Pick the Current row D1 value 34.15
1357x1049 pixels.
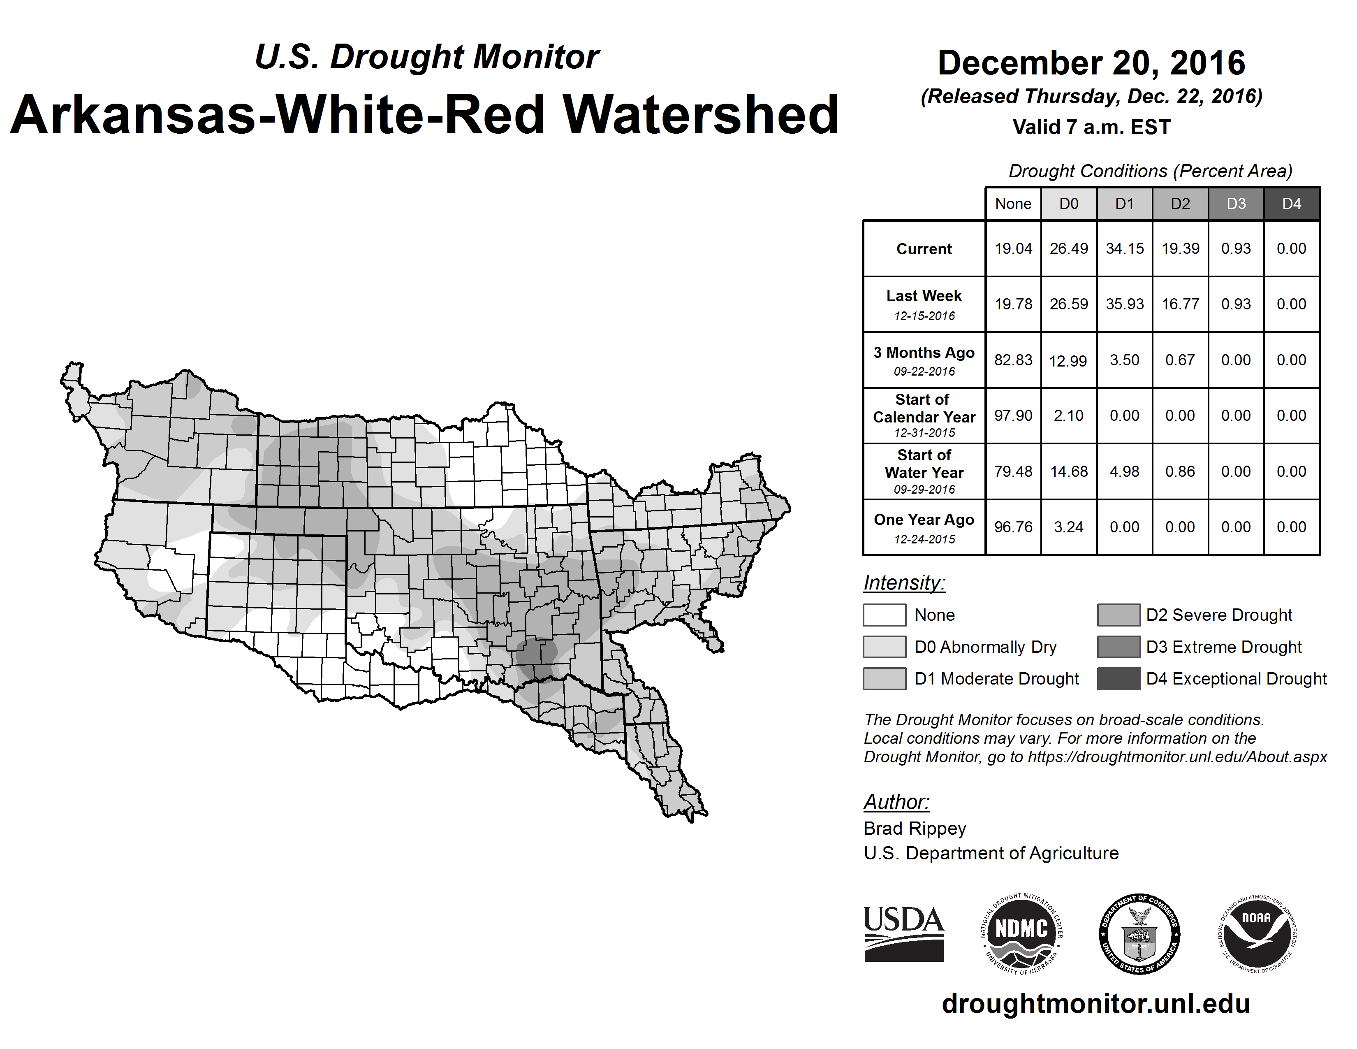point(1125,248)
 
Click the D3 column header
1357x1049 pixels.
point(1236,204)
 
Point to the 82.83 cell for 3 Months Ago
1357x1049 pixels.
point(1013,360)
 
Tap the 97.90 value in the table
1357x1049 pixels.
point(1013,415)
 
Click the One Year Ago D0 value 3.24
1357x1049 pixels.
point(1069,527)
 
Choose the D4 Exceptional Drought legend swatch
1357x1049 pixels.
point(1118,679)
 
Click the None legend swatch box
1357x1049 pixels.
point(884,615)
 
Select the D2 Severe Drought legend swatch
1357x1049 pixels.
point(1118,615)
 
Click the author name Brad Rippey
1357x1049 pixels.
point(915,829)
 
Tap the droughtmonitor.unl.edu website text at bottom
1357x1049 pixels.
point(1095,1004)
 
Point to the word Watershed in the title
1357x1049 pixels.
point(700,114)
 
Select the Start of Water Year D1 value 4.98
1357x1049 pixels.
point(1125,472)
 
